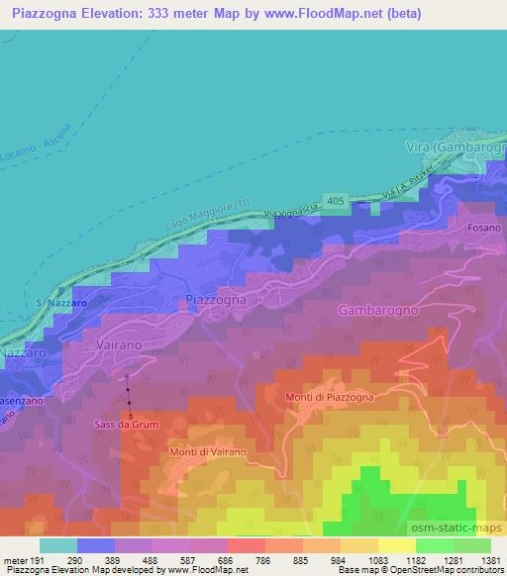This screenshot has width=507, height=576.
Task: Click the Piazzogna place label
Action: [217, 298]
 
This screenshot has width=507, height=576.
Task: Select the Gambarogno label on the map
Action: [378, 310]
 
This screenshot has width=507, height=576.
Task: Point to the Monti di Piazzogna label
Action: [329, 398]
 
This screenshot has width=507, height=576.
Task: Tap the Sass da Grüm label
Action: [129, 425]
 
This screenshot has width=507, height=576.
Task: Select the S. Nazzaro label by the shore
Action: [50, 301]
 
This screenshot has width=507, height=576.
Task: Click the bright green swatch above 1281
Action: [435, 545]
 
